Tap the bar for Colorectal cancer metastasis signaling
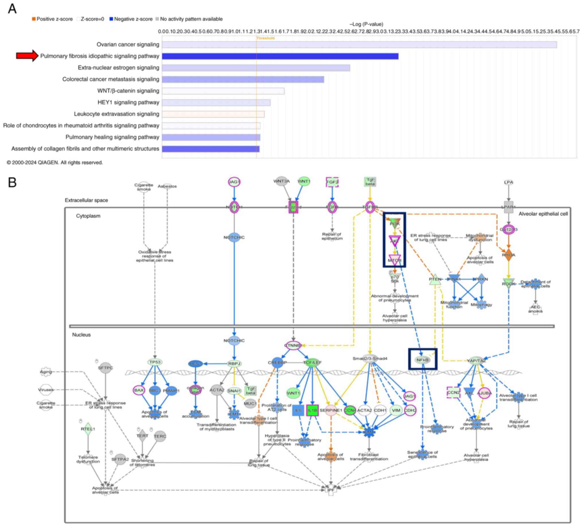coord(243,79)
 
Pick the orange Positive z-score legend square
coord(34,19)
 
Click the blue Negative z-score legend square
coord(111,19)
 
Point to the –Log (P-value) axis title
coord(366,24)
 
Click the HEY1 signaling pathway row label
coord(129,102)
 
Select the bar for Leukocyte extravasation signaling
coord(213,114)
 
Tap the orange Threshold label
coord(265,38)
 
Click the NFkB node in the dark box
coord(422,360)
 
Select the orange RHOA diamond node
coord(508,255)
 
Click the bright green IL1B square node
coord(312,410)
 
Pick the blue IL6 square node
coord(298,410)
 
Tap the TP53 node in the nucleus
coord(155,362)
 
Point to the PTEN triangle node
coord(435,279)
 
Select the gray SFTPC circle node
coord(105,368)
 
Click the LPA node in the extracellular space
coord(508,182)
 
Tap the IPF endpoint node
coord(331,490)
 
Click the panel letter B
coord(12,183)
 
